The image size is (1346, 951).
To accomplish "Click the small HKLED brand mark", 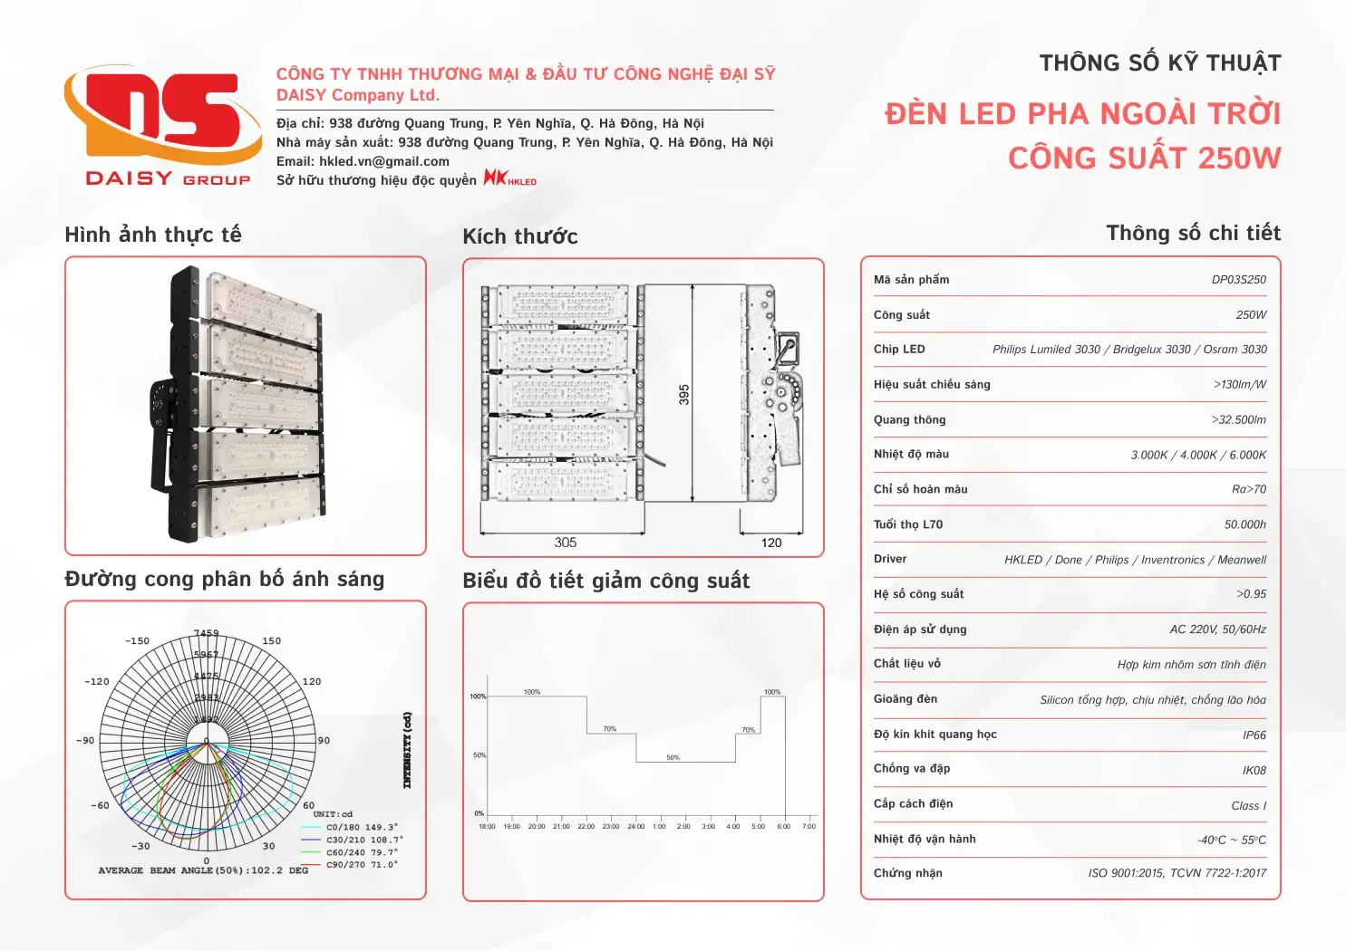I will (509, 178).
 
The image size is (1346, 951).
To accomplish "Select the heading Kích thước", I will (519, 236).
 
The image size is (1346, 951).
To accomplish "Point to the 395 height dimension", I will (684, 394).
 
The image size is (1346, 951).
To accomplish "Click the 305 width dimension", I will (566, 543).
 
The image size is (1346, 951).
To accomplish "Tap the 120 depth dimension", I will (771, 543).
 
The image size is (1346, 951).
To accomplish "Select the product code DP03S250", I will (1238, 280).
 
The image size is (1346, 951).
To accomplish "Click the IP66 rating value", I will (1254, 735).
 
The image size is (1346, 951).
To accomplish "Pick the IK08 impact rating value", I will (1254, 771).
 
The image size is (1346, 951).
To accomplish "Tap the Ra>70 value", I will (1248, 489).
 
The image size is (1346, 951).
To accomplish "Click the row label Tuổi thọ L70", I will (908, 524).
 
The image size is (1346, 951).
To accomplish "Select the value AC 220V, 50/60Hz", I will (1217, 629).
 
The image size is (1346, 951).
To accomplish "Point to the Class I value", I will (1248, 806).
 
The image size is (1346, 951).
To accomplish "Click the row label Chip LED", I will (899, 350).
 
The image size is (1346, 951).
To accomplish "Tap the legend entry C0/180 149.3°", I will (362, 827).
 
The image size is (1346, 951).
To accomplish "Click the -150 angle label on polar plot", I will (137, 641).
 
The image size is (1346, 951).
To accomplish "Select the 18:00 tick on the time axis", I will (487, 826).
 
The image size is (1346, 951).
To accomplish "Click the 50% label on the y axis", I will (479, 755).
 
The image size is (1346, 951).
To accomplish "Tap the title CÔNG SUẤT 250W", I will (1144, 158).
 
